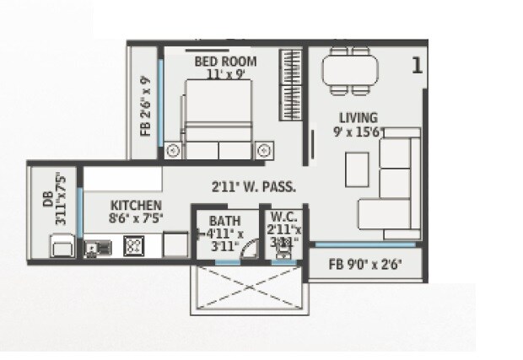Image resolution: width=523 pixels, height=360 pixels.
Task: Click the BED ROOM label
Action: tap(225, 62)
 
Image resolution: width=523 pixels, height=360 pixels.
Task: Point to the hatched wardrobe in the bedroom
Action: tap(291, 81)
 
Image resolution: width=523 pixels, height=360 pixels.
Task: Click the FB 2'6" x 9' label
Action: tap(145, 106)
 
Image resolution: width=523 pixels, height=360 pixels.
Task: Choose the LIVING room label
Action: tap(359, 117)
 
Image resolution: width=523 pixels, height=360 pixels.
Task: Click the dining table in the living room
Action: tap(349, 70)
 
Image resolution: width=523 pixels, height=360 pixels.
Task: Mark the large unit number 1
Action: tap(416, 66)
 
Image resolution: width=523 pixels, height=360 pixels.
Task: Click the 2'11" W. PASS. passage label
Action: tap(252, 187)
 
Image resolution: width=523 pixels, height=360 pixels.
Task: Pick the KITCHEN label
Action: tap(136, 205)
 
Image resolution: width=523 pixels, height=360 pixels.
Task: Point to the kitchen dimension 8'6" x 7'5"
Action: tap(136, 218)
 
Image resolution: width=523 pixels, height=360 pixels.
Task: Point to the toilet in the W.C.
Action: tap(283, 252)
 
